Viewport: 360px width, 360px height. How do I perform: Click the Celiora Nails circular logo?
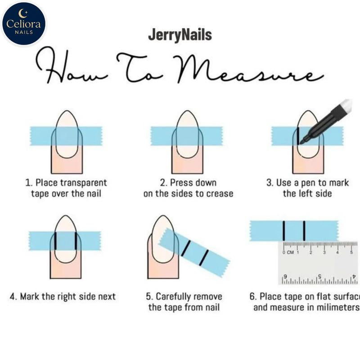pos(24,23)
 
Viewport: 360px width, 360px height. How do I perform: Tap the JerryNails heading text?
pos(180,35)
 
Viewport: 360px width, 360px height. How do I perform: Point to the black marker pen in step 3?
pos(326,121)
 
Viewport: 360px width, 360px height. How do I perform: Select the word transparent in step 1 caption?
pos(83,183)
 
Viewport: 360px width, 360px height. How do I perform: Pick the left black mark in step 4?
pos(55,241)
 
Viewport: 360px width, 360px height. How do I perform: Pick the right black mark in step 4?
pos(76,241)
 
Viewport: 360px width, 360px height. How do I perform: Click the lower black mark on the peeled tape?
pos(204,258)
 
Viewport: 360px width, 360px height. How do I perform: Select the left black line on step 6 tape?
pos(284,231)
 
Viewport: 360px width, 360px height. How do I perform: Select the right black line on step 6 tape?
pos(304,231)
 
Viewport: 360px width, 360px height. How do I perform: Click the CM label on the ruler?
pos(290,252)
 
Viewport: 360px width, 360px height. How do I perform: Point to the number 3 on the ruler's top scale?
pos(324,252)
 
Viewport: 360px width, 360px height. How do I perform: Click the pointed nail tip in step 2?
pos(188,111)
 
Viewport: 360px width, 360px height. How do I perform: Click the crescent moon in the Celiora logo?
pos(22,13)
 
